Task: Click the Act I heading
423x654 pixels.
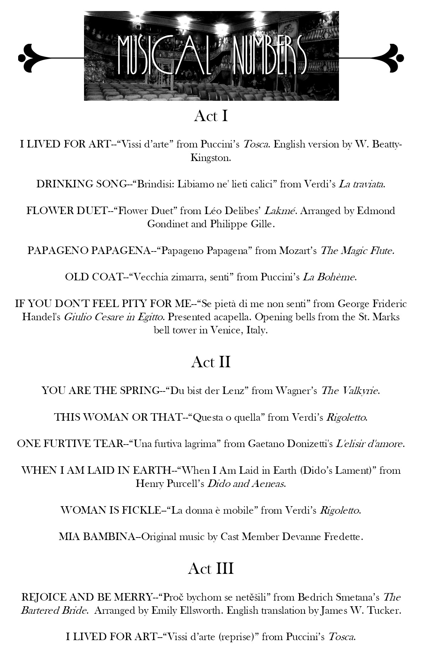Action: click(211, 116)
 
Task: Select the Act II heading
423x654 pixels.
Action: click(211, 362)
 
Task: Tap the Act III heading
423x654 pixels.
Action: click(211, 569)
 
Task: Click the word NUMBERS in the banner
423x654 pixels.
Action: click(269, 56)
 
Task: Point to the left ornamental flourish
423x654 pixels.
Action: click(36, 57)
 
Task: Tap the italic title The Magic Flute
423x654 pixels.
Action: click(357, 251)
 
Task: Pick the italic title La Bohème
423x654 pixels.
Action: click(329, 277)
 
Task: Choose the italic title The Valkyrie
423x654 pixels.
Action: click(350, 391)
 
